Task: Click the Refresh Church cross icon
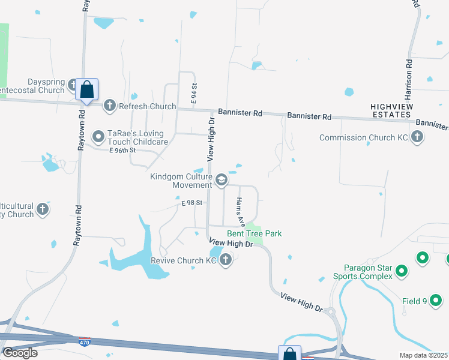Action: pyautogui.click(x=109, y=106)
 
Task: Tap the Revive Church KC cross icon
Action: pyautogui.click(x=226, y=260)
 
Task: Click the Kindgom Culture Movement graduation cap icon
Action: pyautogui.click(x=221, y=179)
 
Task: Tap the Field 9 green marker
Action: pyautogui.click(x=437, y=301)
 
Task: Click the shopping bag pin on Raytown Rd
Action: pyautogui.click(x=86, y=91)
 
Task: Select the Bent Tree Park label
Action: pyautogui.click(x=254, y=233)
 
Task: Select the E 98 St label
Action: pyautogui.click(x=194, y=203)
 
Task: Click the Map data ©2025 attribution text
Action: pyautogui.click(x=423, y=355)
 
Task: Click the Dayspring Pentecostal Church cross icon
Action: pyautogui.click(x=73, y=85)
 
